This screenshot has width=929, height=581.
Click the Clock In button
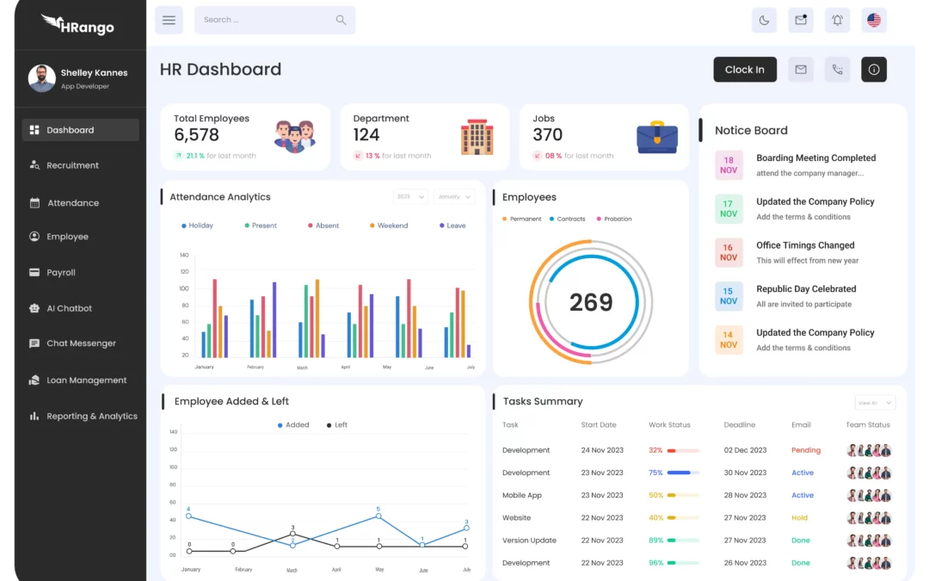coord(745,70)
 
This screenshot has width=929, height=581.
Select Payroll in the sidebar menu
coord(61,273)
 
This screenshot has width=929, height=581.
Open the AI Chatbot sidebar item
coord(69,308)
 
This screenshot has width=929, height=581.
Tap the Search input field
coord(267,20)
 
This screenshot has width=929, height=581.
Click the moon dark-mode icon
coord(764,20)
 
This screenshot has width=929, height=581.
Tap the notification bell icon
coord(837,20)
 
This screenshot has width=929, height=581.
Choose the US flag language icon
coord(874,20)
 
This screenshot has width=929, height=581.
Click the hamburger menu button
coord(169,20)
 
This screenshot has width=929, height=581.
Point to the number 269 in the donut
coord(591,302)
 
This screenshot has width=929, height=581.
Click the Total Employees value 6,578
coord(196,135)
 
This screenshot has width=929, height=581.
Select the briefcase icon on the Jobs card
coord(657,138)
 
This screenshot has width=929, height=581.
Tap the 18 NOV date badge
coord(729,165)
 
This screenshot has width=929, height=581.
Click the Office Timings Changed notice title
coord(805,245)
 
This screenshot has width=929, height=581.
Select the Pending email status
coord(806,450)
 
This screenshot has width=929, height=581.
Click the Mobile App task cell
coord(522,496)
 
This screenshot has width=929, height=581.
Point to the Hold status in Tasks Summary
coord(800,518)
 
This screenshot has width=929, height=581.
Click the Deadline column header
coord(739,425)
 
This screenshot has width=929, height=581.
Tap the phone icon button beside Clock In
coord(837,70)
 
